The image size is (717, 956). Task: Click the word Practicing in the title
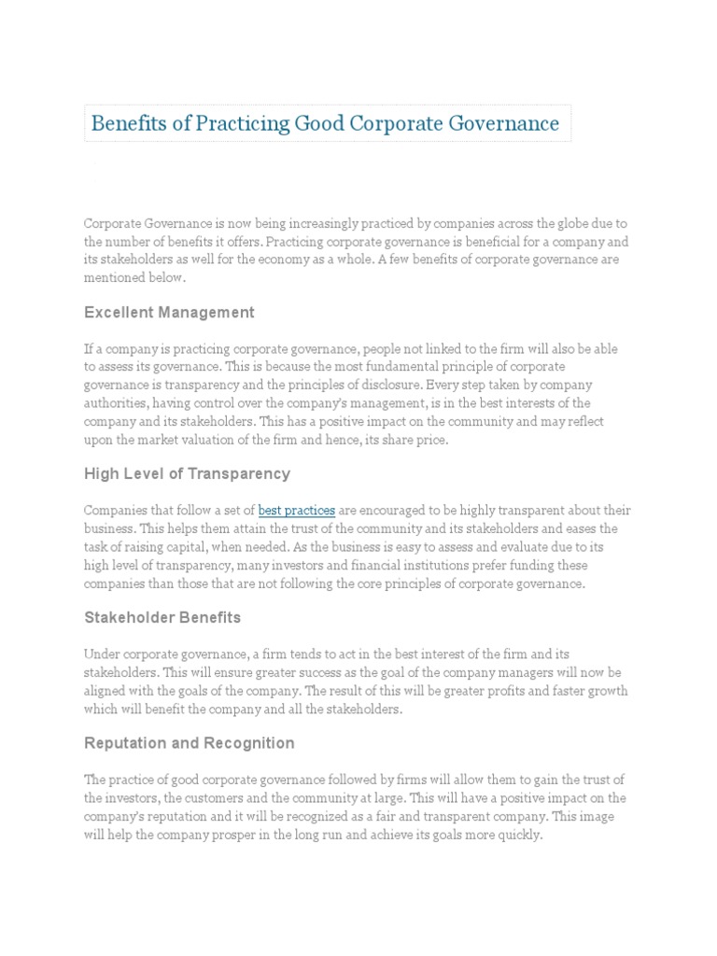point(205,123)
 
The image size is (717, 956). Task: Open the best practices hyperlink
point(296,511)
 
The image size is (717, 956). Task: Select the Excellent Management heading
point(169,312)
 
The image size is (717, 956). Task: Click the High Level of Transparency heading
point(187,473)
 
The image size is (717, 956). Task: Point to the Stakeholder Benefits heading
point(162,617)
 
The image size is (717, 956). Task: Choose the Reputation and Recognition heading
point(189,743)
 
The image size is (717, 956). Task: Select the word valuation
point(215,440)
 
